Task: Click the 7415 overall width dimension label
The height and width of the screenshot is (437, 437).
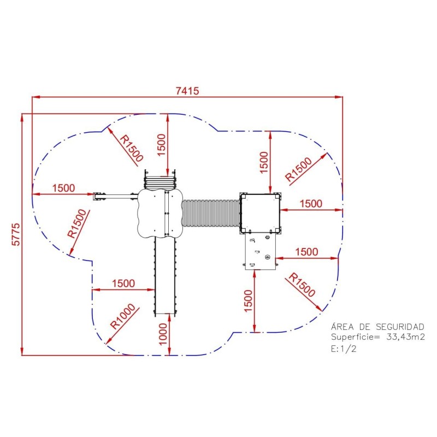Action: coord(187,91)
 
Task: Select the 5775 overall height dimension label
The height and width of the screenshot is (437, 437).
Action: coord(16,234)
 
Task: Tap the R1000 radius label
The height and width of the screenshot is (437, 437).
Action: coord(122,316)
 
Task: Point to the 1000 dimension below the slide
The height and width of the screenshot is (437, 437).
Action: coord(163,334)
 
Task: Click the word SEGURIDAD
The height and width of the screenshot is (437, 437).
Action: coord(400,327)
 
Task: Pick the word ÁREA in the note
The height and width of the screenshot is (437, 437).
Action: coord(342,327)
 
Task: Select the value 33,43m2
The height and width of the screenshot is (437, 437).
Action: coord(405,337)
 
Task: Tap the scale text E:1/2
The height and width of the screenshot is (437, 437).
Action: coord(344,349)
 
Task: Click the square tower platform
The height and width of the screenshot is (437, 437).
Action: coord(261,214)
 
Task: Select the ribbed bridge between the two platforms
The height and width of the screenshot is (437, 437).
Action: coord(211,213)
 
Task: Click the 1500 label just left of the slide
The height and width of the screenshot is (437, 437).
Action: coord(123,284)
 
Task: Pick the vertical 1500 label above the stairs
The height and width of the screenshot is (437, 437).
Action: coord(161,145)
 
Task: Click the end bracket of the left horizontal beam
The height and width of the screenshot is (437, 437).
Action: coord(99,196)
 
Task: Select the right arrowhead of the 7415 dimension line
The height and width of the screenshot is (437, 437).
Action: coord(339,97)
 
